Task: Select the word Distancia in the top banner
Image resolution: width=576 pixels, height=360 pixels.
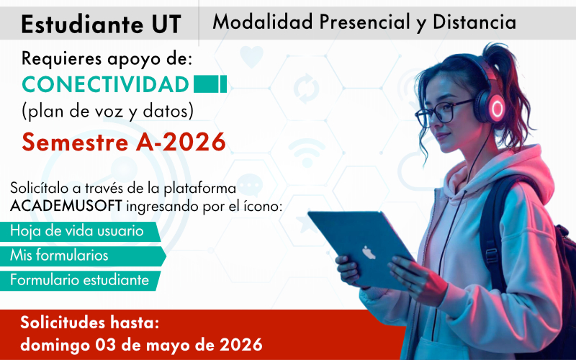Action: pos(474,22)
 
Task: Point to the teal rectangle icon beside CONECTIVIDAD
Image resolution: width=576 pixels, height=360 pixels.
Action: pos(210,84)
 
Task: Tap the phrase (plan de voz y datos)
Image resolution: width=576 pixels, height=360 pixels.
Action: pos(107,112)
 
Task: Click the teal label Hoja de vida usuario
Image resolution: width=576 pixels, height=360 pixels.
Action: pos(76,231)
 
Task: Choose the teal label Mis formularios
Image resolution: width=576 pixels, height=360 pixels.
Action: pos(60,256)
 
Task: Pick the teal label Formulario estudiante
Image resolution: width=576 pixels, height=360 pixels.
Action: pos(79,279)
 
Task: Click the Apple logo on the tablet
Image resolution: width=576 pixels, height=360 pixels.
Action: pos(369,253)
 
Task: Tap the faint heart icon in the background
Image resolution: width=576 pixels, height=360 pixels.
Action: pos(252,55)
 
